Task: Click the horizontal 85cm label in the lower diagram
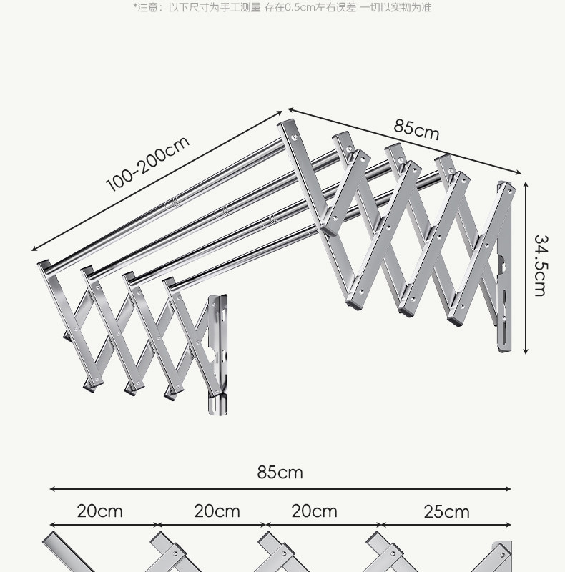pos(280,473)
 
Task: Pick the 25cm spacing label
pos(447,512)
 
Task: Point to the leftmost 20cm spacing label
pos(100,511)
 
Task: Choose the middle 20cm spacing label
pos(217,511)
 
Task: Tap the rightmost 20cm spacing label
pos(314,511)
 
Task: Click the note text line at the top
pos(282,8)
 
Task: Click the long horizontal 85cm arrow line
pos(280,490)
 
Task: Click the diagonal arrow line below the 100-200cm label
pos(157,182)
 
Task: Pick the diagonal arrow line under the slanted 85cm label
pos(404,140)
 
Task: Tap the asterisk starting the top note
pos(135,7)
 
